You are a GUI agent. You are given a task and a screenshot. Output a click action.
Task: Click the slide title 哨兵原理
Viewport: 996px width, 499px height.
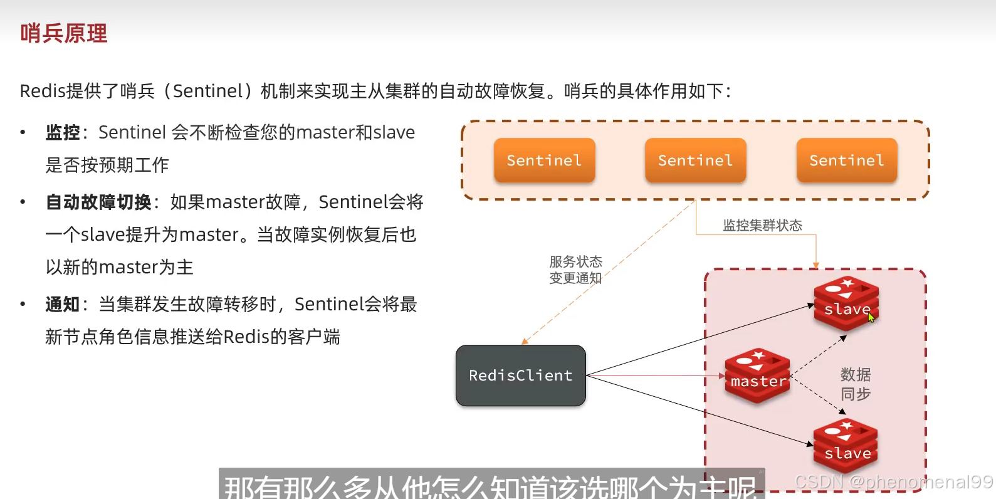pos(63,33)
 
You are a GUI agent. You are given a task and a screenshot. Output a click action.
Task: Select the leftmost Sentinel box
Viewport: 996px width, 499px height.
pos(544,160)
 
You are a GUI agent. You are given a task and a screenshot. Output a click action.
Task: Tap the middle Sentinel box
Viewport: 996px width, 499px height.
pos(695,160)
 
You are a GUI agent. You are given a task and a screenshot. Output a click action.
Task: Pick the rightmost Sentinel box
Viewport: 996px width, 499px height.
pos(847,160)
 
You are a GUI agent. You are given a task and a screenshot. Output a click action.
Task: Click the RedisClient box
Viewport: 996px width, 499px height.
pos(520,376)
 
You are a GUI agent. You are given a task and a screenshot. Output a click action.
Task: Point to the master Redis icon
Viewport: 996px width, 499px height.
pos(757,376)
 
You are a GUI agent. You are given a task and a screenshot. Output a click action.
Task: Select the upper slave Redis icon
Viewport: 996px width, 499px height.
pos(846,303)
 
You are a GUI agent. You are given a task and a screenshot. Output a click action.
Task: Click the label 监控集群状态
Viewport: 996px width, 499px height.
pos(762,226)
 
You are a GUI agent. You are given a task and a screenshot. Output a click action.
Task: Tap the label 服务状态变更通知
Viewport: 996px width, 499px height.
pos(575,270)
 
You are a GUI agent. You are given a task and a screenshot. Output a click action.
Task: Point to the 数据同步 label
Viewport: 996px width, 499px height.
pos(855,384)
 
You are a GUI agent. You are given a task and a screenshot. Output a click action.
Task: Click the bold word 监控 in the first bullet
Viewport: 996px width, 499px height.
pos(63,132)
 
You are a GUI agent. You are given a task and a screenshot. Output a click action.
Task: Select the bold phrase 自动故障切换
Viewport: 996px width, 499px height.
pos(98,202)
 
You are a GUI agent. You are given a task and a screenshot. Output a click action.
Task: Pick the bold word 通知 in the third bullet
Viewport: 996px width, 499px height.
pos(63,304)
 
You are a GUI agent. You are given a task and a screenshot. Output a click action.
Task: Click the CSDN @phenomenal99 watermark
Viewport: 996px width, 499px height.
pos(893,481)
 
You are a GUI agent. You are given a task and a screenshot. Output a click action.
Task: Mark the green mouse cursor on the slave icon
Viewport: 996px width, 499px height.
pos(871,317)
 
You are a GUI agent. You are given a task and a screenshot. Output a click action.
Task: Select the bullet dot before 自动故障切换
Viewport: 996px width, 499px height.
pos(23,202)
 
